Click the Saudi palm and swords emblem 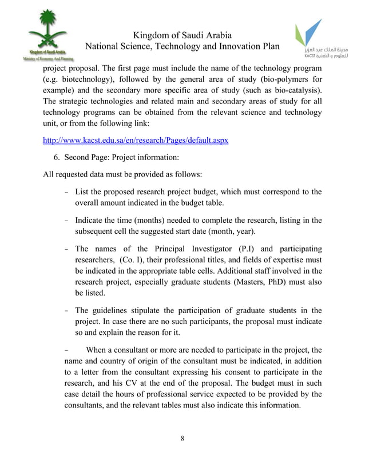(47, 31)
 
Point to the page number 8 (182, 439)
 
